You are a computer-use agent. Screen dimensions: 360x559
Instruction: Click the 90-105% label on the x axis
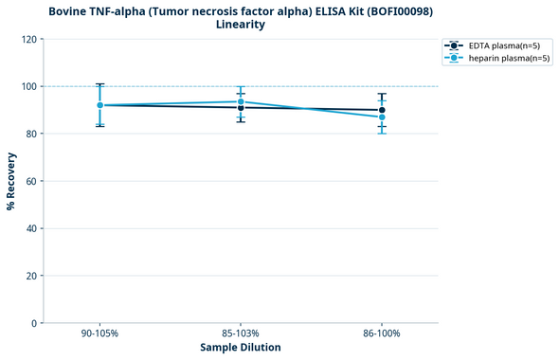pos(99,334)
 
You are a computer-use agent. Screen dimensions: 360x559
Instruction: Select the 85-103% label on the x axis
pos(241,334)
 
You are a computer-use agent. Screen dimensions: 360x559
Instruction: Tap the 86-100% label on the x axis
pos(382,334)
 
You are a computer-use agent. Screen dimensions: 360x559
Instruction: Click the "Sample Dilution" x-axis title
pos(241,348)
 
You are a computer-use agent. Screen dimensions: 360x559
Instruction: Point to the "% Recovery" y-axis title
pos(11,181)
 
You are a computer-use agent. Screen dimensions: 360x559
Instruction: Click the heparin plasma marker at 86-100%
pos(382,117)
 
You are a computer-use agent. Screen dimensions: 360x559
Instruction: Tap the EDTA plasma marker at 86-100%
pos(382,110)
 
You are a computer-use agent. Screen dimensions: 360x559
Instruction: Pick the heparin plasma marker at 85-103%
pos(241,101)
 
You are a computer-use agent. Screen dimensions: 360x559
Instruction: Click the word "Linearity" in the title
pos(241,25)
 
